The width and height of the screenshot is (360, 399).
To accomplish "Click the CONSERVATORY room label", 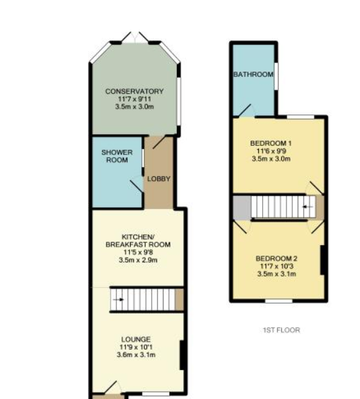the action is [x=135, y=91].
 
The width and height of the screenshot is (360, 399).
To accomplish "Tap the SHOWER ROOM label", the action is [x=117, y=156].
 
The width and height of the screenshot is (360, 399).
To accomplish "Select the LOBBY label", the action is [x=159, y=179].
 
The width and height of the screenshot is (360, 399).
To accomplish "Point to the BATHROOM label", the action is [x=254, y=74].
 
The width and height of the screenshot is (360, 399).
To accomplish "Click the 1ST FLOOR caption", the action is [x=281, y=330].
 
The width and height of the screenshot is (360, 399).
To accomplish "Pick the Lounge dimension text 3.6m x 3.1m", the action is [x=136, y=354].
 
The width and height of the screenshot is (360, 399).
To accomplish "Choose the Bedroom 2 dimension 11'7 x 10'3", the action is [x=277, y=266].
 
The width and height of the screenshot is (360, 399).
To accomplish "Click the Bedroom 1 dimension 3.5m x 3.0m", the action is [x=271, y=159].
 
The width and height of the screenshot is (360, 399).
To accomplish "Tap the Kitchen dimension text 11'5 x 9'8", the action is [x=138, y=252].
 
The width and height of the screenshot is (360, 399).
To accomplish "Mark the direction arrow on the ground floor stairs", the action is [x=118, y=300].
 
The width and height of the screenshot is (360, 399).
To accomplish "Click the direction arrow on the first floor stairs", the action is [x=307, y=207].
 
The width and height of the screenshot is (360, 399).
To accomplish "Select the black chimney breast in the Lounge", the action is [x=182, y=355].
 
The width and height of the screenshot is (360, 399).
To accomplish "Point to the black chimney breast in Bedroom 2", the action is [x=323, y=260].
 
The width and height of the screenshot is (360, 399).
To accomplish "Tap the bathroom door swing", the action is [x=246, y=110].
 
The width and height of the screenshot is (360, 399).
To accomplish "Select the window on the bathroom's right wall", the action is [x=277, y=76].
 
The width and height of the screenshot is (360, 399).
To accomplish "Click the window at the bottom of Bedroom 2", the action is [x=279, y=301].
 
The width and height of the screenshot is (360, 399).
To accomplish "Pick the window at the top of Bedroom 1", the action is [x=301, y=117].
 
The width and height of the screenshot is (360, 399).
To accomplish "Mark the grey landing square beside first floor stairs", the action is [x=242, y=207].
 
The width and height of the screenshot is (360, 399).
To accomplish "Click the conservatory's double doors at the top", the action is [x=135, y=37].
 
